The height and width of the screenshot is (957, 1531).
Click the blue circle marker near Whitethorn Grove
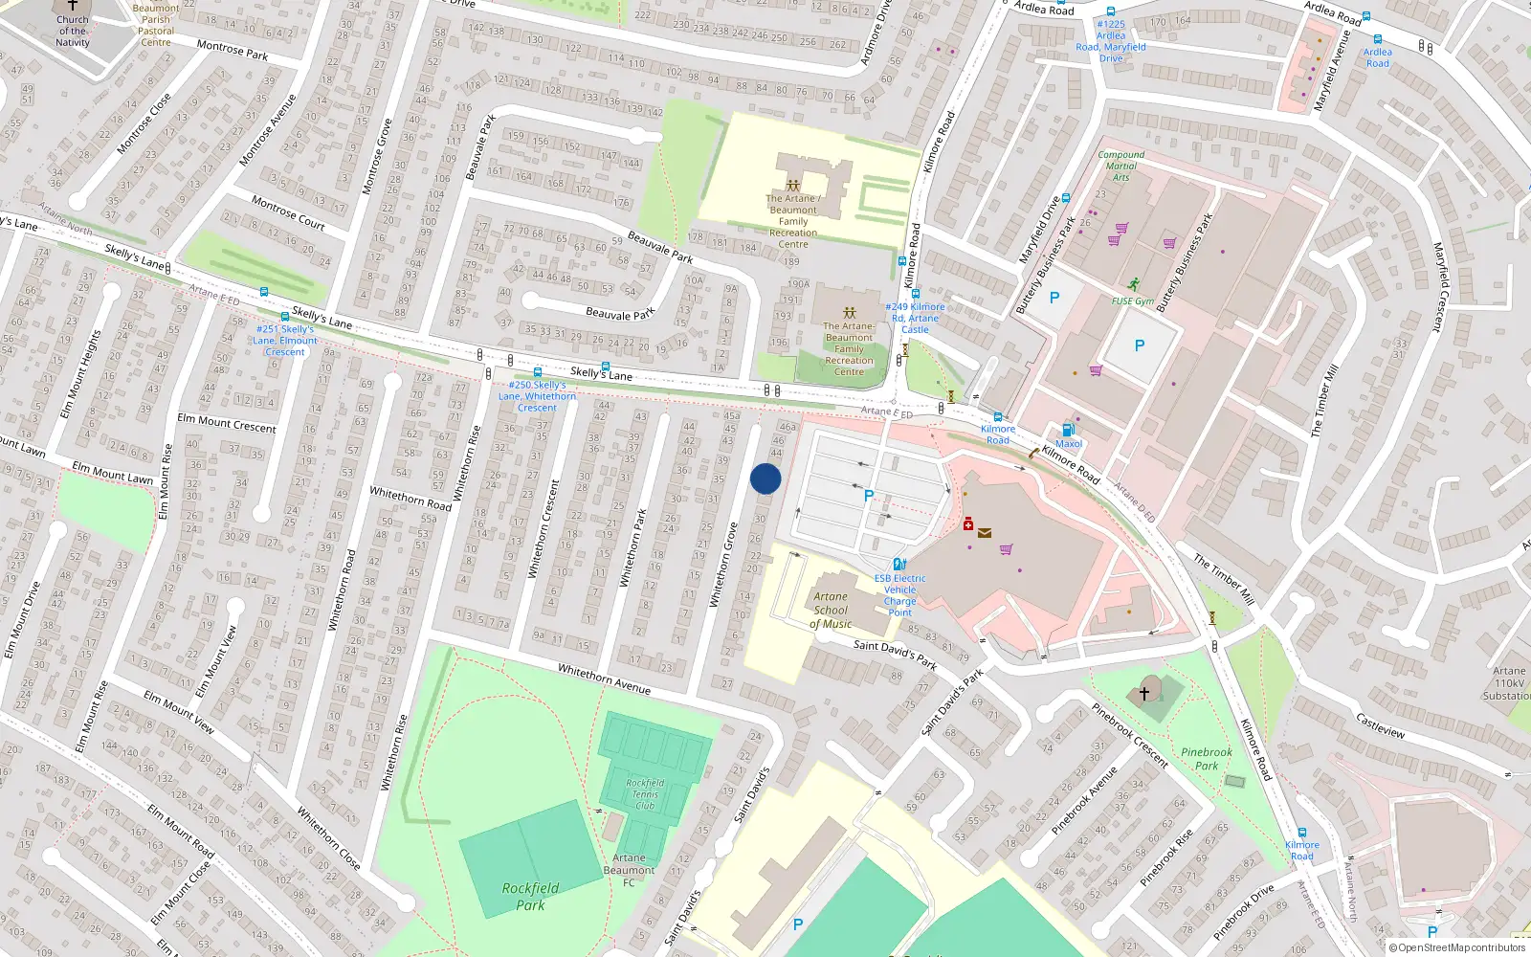click(765, 478)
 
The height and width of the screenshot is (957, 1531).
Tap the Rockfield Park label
click(530, 896)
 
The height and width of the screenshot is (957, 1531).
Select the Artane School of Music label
click(831, 610)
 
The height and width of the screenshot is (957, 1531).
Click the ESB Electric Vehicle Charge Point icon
click(899, 564)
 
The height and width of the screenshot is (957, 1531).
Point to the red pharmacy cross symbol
click(968, 524)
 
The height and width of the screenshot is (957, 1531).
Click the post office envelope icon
click(985, 533)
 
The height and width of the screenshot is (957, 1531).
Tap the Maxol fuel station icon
click(1068, 430)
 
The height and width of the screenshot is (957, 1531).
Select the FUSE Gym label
click(1133, 300)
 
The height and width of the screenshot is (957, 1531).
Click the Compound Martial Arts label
click(1121, 166)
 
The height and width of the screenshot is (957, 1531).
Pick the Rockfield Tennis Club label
click(645, 794)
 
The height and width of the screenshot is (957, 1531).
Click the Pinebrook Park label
click(1207, 759)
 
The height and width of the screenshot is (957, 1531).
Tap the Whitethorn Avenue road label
click(604, 679)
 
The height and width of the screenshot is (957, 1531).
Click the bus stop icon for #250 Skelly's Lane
click(538, 372)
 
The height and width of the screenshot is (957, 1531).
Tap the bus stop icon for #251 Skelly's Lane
click(284, 317)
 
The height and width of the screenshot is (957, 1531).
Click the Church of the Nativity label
click(73, 31)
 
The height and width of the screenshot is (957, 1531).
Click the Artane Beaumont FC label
click(629, 870)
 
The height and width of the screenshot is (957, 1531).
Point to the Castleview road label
click(1380, 725)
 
